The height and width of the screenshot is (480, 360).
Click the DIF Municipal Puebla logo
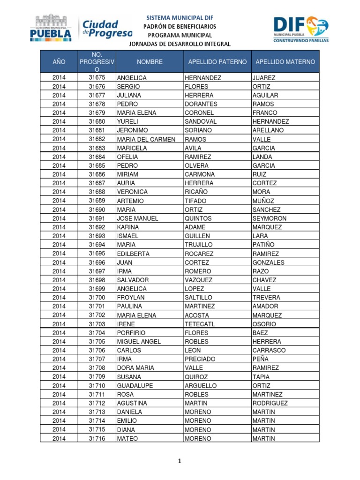click(300, 29)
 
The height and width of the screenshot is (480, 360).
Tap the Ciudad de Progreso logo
click(107, 29)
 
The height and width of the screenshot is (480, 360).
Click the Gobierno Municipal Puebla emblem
click(51, 28)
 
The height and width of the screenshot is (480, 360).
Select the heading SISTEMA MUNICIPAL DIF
click(180, 17)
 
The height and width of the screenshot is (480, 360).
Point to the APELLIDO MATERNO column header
click(285, 62)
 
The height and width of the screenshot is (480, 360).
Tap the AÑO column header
click(59, 62)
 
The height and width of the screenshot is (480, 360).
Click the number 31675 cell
click(97, 78)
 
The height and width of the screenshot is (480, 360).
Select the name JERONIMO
click(132, 130)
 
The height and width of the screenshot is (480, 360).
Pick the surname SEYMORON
click(269, 218)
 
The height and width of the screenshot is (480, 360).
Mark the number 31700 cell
click(97, 298)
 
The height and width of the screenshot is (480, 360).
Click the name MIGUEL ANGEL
click(139, 342)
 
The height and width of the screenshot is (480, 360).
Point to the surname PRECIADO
click(201, 359)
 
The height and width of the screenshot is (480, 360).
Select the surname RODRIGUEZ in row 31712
click(270, 403)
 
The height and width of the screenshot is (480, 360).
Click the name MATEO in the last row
click(127, 438)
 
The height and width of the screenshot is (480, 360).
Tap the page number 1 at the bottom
click(180, 461)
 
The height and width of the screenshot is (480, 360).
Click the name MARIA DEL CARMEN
click(146, 139)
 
